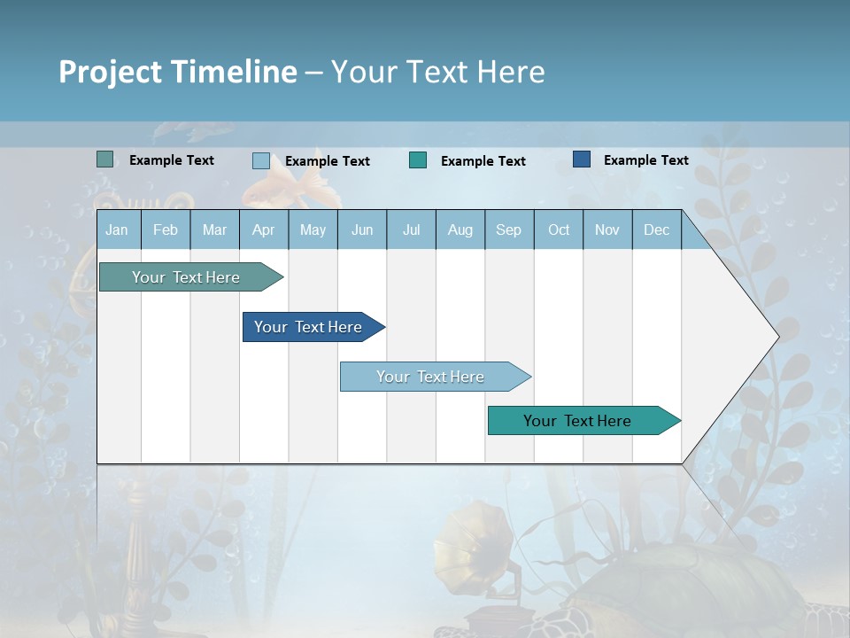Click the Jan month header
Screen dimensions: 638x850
(117, 230)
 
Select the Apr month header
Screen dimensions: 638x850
(263, 230)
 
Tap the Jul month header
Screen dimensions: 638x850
(411, 230)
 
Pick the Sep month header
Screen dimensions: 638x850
(508, 230)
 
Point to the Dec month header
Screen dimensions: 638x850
(656, 230)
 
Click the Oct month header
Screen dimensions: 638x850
(559, 230)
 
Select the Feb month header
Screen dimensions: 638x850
(166, 230)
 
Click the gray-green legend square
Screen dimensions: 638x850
(104, 159)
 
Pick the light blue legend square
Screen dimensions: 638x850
(261, 160)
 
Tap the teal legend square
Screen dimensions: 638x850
(418, 160)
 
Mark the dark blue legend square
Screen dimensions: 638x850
(582, 159)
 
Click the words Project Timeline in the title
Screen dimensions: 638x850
(177, 71)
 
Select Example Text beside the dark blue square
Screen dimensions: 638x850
(645, 160)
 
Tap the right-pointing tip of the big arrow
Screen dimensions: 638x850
(776, 337)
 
